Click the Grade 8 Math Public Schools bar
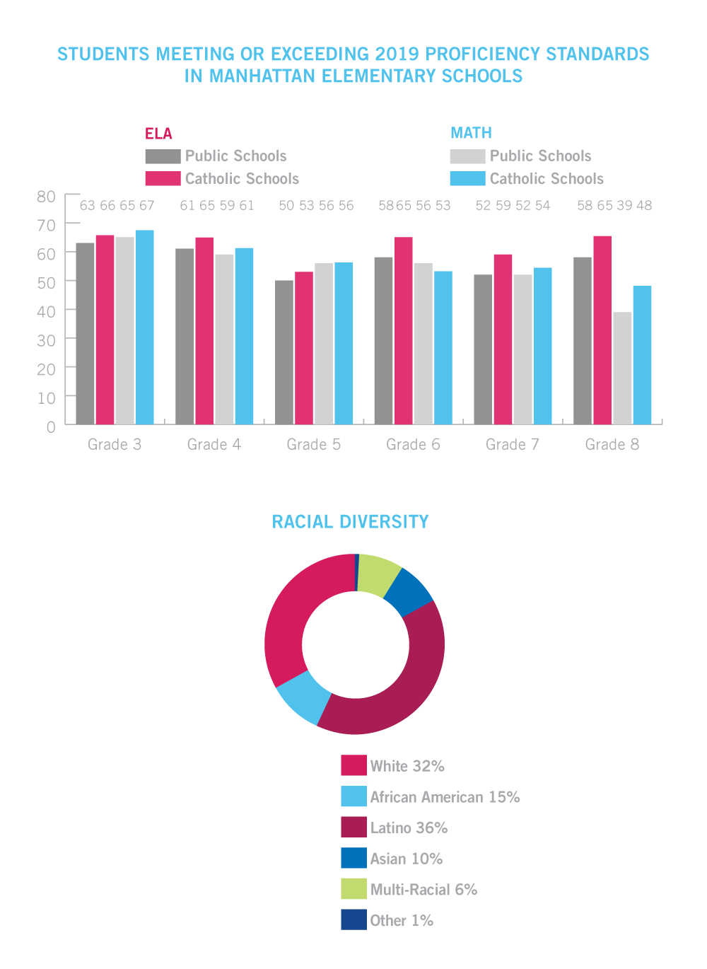622,368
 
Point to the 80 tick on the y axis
46,197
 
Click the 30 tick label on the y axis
46,340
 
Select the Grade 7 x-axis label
513,444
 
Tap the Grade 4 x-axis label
214,444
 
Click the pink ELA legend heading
158,134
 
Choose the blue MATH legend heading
471,133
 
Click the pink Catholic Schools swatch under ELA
163,178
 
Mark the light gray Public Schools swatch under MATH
467,156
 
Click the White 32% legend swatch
353,765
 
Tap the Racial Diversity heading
350,522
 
